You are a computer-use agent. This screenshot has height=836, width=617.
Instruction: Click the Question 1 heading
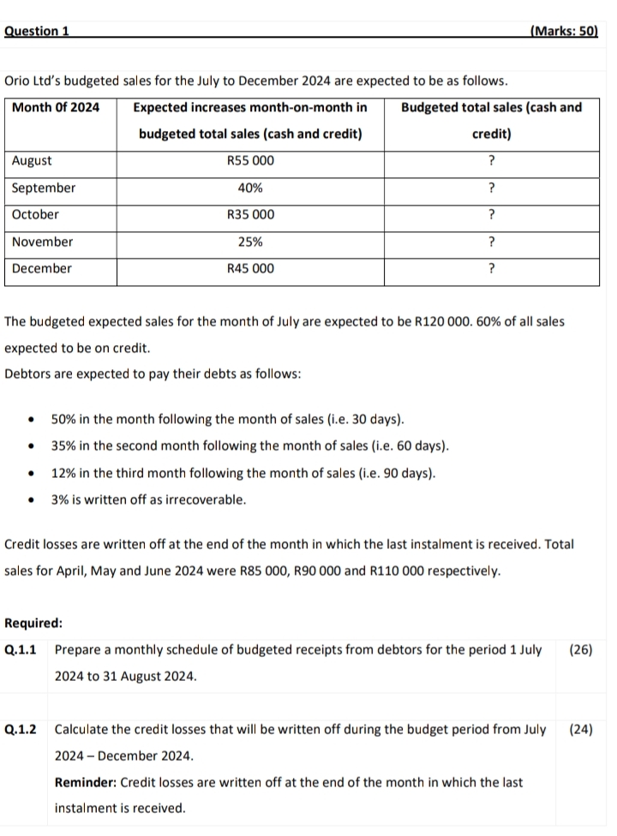point(37,31)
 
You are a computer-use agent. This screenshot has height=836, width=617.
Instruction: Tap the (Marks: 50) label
point(563,31)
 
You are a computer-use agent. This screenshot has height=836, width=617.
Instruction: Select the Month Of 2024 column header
point(56,107)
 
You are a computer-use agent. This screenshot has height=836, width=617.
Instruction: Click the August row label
point(32,161)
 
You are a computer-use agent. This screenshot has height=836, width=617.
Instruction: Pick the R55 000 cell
point(250,161)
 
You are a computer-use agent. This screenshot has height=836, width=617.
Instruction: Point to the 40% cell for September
point(250,188)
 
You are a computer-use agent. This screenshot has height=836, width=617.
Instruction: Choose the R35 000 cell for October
point(250,215)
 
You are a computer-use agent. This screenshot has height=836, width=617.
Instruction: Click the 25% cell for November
point(250,242)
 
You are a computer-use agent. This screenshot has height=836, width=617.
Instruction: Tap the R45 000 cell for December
point(250,269)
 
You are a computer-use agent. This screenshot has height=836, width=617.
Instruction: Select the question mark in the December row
point(491,269)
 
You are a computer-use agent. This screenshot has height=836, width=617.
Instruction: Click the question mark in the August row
point(491,161)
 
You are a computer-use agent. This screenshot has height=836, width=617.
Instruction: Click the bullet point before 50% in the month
point(32,421)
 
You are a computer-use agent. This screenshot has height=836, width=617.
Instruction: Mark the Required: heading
point(33,624)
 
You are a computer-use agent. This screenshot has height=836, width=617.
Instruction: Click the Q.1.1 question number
point(21,649)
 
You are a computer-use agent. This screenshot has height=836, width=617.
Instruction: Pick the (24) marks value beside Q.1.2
point(581,730)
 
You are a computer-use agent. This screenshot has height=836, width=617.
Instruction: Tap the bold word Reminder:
point(86,782)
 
